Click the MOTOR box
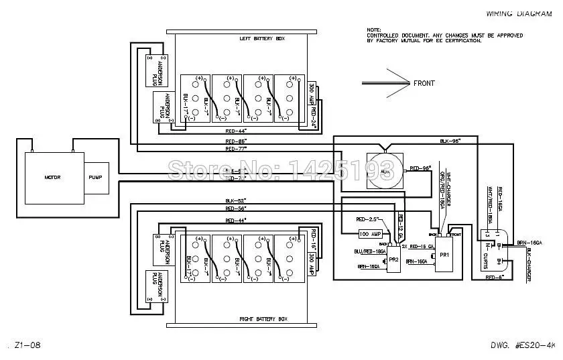point(54,177)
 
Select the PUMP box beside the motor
point(96,177)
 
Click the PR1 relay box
point(445,255)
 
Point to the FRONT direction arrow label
point(424,83)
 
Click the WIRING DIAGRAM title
point(513,13)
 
